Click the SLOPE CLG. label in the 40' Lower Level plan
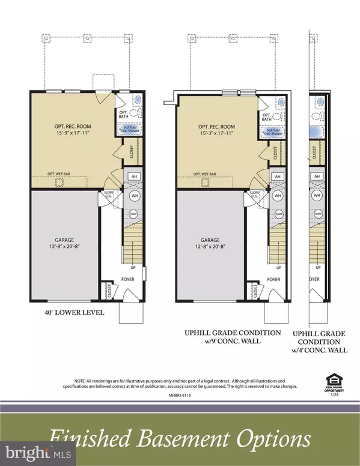pos(103,196)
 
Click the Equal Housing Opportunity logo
pos(333,382)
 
